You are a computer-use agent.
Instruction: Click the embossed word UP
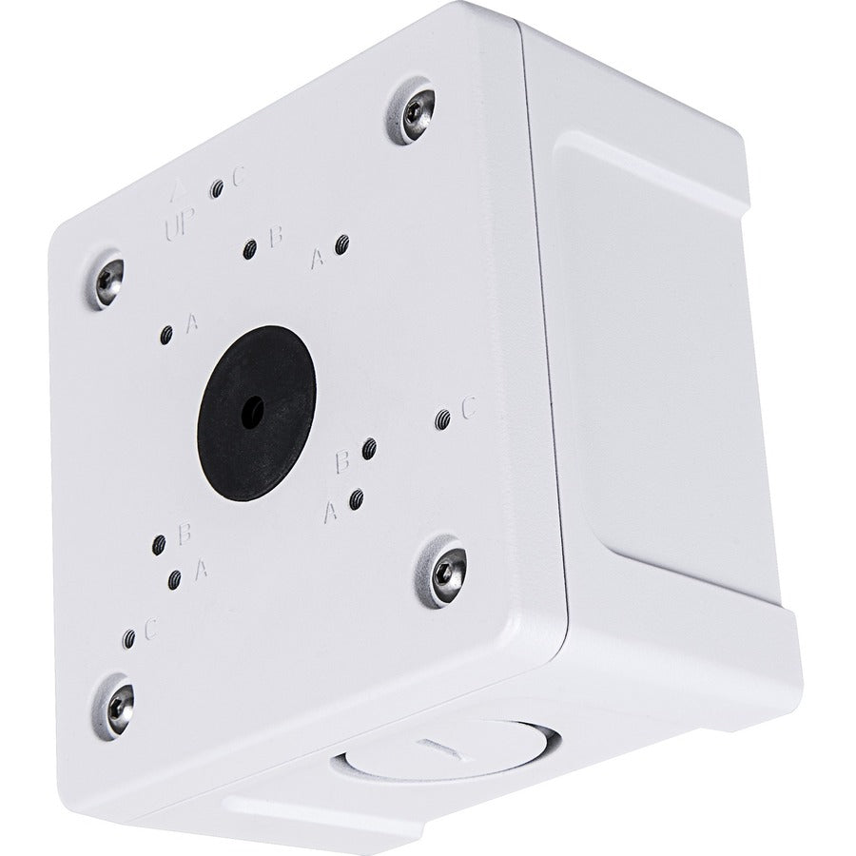tap(178, 225)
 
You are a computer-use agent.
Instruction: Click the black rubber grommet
tap(256, 403)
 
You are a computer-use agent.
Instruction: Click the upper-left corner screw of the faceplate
tap(108, 278)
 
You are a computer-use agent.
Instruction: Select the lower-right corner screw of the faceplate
tap(444, 571)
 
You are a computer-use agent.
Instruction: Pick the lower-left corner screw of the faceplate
tap(117, 703)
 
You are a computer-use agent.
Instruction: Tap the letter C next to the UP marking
tap(239, 176)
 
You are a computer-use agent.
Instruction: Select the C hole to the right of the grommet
tap(441, 418)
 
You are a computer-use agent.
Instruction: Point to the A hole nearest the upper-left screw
tap(167, 334)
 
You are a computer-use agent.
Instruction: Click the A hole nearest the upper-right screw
tap(342, 246)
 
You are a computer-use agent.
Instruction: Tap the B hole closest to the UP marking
tap(250, 249)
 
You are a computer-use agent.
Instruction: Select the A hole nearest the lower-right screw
tap(356, 498)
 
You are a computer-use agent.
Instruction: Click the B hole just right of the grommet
tap(369, 448)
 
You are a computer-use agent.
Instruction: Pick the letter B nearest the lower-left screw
tap(186, 533)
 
